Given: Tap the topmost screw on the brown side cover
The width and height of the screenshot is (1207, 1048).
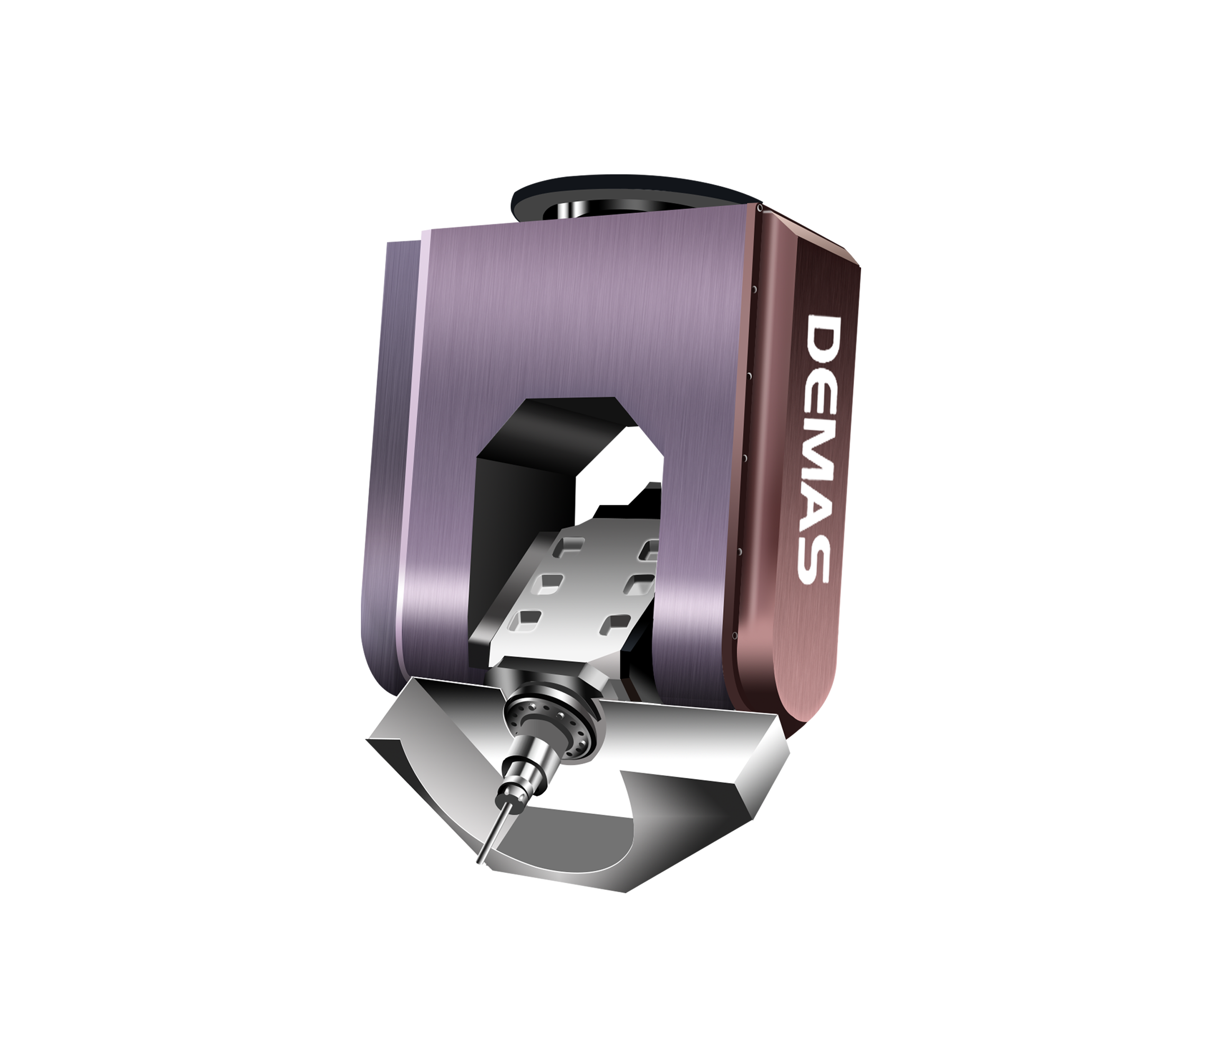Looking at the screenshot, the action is coord(759,206).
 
